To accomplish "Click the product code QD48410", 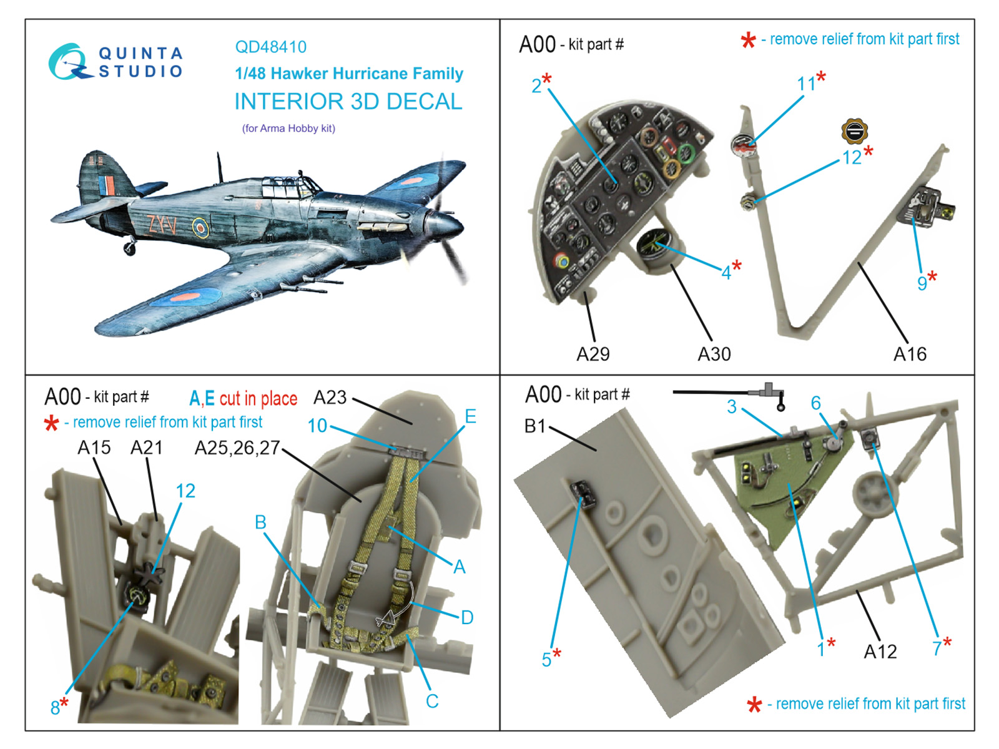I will pyautogui.click(x=270, y=47).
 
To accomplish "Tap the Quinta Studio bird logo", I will pyautogui.click(x=68, y=62).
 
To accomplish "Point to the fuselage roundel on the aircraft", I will pyautogui.click(x=200, y=228).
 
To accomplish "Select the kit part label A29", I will pyautogui.click(x=593, y=354).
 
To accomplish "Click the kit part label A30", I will pyautogui.click(x=714, y=354).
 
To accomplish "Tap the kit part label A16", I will pyautogui.click(x=910, y=354).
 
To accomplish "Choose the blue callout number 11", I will pyautogui.click(x=806, y=84).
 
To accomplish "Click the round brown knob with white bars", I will pyautogui.click(x=854, y=131).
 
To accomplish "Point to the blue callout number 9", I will pyautogui.click(x=922, y=283).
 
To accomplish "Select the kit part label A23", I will pyautogui.click(x=330, y=397).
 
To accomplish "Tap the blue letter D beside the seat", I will pyautogui.click(x=466, y=617).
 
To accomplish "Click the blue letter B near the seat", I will pyautogui.click(x=260, y=522).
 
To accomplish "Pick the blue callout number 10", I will pyautogui.click(x=317, y=425).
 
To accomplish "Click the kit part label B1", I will pyautogui.click(x=535, y=426).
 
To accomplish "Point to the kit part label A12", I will pyautogui.click(x=880, y=652).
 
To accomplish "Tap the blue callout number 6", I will pyautogui.click(x=815, y=403).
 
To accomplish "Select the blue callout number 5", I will pyautogui.click(x=546, y=659).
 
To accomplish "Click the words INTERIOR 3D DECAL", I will pyautogui.click(x=348, y=101).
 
